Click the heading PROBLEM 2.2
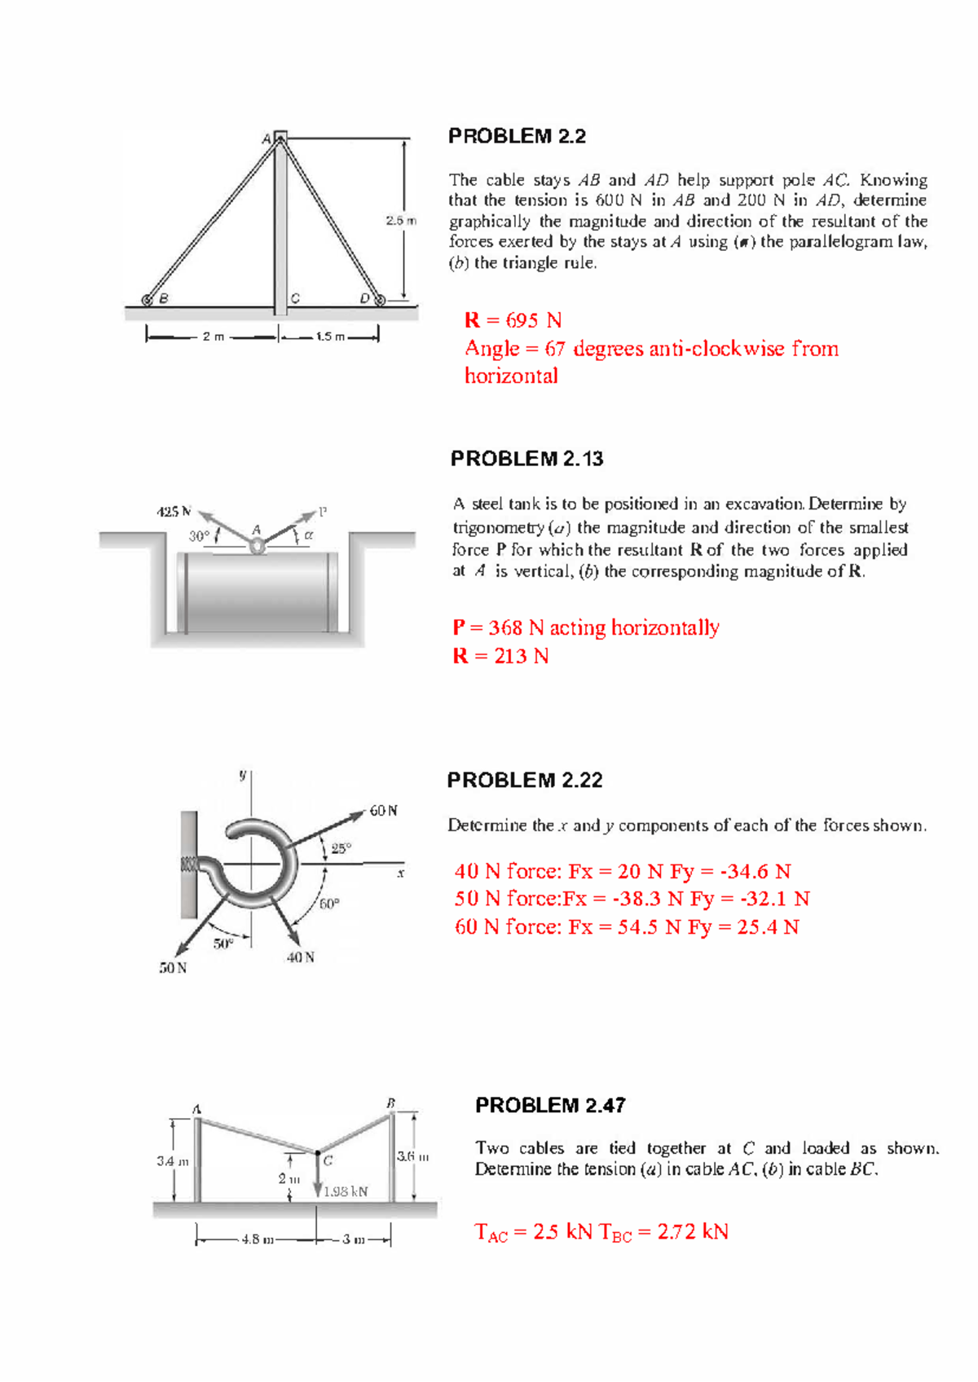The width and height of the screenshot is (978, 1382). click(x=517, y=136)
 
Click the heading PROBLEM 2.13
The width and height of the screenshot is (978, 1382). click(x=526, y=459)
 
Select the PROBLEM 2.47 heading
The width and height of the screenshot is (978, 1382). click(x=550, y=1105)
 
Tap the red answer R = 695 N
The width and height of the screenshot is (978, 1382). click(x=513, y=320)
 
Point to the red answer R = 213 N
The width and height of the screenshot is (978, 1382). click(x=500, y=656)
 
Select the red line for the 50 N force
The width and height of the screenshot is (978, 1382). click(x=632, y=899)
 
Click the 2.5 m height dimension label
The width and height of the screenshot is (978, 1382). click(x=400, y=220)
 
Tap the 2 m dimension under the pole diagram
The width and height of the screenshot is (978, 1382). click(x=213, y=337)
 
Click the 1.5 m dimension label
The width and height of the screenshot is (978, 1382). click(x=330, y=337)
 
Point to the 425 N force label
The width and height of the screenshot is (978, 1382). click(x=173, y=512)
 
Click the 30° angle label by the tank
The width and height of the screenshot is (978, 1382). click(x=199, y=536)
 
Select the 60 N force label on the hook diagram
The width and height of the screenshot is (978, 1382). click(x=383, y=811)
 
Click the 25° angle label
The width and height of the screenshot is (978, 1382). click(x=341, y=847)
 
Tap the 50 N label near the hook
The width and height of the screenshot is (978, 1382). click(x=173, y=968)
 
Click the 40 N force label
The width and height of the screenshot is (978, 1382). click(x=300, y=957)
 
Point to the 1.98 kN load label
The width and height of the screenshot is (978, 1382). click(x=346, y=1191)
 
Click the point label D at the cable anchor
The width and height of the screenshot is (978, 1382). click(x=364, y=298)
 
